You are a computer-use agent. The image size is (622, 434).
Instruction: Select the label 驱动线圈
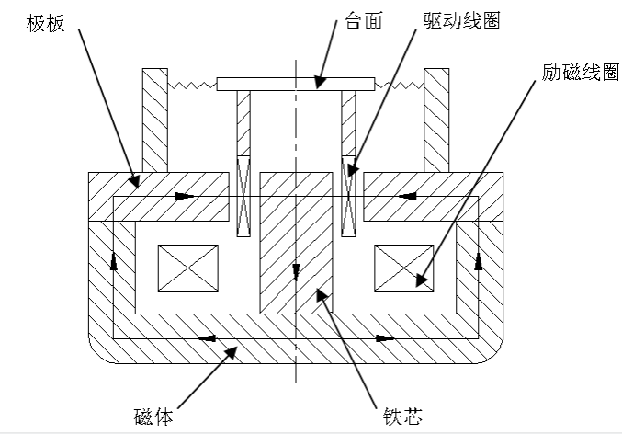[462, 20]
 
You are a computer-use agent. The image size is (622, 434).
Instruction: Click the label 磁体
[152, 416]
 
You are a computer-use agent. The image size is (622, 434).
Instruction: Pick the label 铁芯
[401, 416]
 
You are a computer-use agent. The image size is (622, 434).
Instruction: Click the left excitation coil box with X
[188, 268]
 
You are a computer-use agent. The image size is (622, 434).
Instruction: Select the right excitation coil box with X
[403, 268]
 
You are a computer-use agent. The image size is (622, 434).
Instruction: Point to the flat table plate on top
[296, 84]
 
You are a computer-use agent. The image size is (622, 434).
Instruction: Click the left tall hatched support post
[154, 120]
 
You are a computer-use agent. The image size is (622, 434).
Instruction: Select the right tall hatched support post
[436, 120]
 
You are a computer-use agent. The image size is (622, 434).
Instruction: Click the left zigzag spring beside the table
[192, 85]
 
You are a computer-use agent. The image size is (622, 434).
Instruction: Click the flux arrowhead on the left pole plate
[187, 196]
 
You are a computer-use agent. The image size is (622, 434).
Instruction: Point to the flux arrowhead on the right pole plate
[406, 196]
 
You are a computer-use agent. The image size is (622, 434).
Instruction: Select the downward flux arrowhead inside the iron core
[296, 269]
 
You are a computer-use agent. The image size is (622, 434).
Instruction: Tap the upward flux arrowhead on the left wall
[114, 263]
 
